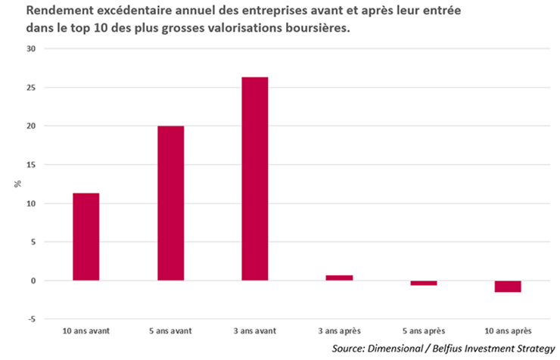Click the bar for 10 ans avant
[x=86, y=237]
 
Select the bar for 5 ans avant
[x=170, y=203]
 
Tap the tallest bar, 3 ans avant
[x=255, y=178]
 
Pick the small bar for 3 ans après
[x=339, y=278]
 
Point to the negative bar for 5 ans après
[x=424, y=283]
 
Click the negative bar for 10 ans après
[x=509, y=286]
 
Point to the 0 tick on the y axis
[x=32, y=281]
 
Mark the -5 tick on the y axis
[x=30, y=319]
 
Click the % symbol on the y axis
[x=17, y=184]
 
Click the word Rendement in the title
[x=39, y=13]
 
